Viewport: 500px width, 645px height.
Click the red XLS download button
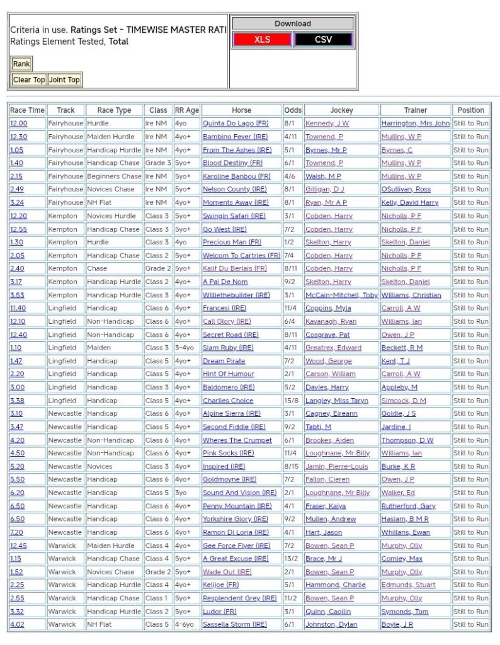[x=262, y=40]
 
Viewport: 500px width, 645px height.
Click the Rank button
[x=21, y=64]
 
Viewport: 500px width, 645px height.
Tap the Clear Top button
[x=29, y=80]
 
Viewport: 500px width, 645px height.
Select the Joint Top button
[x=64, y=80]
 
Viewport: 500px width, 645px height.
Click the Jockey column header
[x=341, y=110]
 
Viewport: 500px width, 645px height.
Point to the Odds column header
[x=292, y=110]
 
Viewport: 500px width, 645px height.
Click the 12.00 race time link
[x=18, y=123]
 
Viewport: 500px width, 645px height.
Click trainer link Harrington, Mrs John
[x=415, y=123]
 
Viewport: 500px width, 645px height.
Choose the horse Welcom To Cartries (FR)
[x=241, y=256]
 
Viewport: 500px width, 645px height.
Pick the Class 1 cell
[x=157, y=598]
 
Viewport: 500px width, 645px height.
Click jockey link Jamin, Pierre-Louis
[x=336, y=467]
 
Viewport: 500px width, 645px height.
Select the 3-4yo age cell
[x=186, y=348]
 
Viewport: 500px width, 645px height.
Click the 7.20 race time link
[x=17, y=532]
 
